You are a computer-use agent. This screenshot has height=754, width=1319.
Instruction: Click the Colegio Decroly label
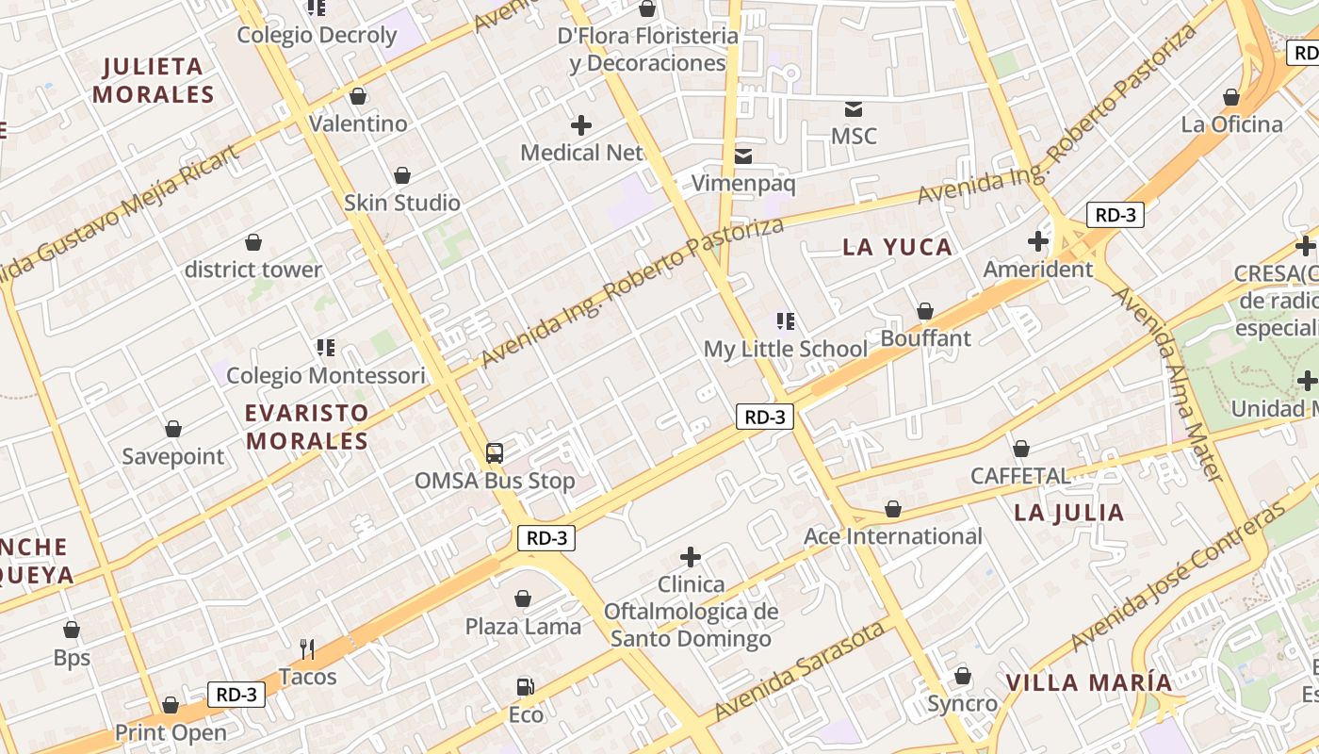pyautogui.click(x=317, y=35)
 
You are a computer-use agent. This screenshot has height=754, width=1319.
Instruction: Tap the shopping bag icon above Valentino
pyautogui.click(x=358, y=96)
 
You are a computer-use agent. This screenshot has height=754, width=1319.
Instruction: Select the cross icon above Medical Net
pyautogui.click(x=581, y=124)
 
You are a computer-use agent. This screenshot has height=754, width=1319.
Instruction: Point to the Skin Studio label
pyautogui.click(x=402, y=203)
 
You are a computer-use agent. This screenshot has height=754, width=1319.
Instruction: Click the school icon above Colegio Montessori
pyautogui.click(x=326, y=348)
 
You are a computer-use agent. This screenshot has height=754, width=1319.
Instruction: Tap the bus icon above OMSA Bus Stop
pyautogui.click(x=495, y=453)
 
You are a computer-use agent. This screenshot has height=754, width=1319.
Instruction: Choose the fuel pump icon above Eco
pyautogui.click(x=525, y=687)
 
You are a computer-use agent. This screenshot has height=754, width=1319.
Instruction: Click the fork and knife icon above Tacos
pyautogui.click(x=307, y=648)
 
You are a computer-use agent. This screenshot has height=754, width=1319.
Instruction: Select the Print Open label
pyautogui.click(x=171, y=732)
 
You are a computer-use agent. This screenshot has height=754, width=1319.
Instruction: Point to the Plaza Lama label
pyautogui.click(x=523, y=627)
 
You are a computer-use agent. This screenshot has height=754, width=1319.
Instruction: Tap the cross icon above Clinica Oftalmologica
pyautogui.click(x=691, y=557)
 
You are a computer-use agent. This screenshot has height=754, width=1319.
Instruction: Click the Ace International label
pyautogui.click(x=892, y=536)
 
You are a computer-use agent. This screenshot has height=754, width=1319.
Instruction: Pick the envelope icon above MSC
pyautogui.click(x=854, y=108)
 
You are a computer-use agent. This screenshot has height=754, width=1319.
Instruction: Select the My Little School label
pyautogui.click(x=785, y=349)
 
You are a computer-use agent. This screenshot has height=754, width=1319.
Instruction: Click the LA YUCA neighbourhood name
pyautogui.click(x=897, y=247)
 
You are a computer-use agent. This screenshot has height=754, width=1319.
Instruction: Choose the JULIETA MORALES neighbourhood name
pyautogui.click(x=154, y=80)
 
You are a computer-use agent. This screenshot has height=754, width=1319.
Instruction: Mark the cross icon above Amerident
pyautogui.click(x=1037, y=241)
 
